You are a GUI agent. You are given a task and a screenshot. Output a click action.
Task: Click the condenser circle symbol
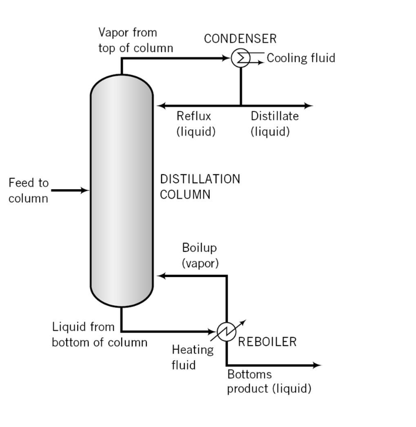click(240, 59)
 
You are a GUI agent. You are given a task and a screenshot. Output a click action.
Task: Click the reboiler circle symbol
click(226, 332)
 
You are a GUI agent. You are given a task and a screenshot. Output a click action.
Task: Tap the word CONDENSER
click(240, 39)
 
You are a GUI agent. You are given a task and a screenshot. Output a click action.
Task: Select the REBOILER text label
click(267, 342)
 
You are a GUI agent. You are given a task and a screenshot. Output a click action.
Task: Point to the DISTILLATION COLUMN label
click(200, 187)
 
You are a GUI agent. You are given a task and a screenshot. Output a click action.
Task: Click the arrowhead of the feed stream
click(85, 190)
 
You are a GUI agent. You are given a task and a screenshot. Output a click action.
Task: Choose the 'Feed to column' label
click(29, 190)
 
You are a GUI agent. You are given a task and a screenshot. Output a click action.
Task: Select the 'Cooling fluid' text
click(301, 58)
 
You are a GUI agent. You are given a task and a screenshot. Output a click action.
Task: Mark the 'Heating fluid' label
click(192, 356)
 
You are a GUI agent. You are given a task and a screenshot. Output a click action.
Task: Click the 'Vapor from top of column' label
click(136, 40)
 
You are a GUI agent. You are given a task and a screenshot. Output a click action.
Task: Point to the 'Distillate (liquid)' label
click(275, 124)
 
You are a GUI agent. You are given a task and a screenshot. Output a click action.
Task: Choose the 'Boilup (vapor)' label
click(200, 256)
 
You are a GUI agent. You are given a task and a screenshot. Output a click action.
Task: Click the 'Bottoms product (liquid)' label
click(269, 382)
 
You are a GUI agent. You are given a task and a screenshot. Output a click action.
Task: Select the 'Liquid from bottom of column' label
click(99, 334)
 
